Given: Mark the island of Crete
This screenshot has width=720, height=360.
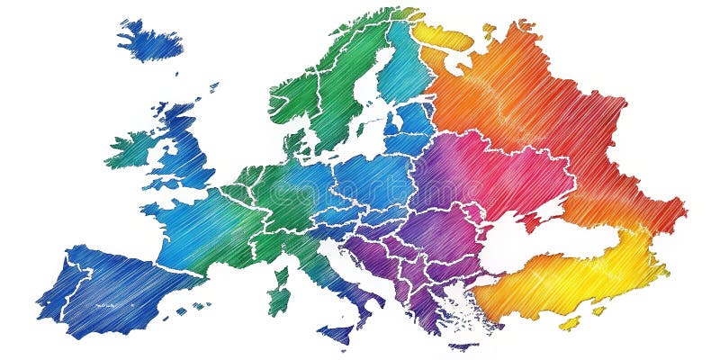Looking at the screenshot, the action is [463, 346].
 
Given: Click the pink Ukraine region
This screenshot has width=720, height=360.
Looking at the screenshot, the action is [504, 175].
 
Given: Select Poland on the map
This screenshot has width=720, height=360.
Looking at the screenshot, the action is [378, 175].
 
